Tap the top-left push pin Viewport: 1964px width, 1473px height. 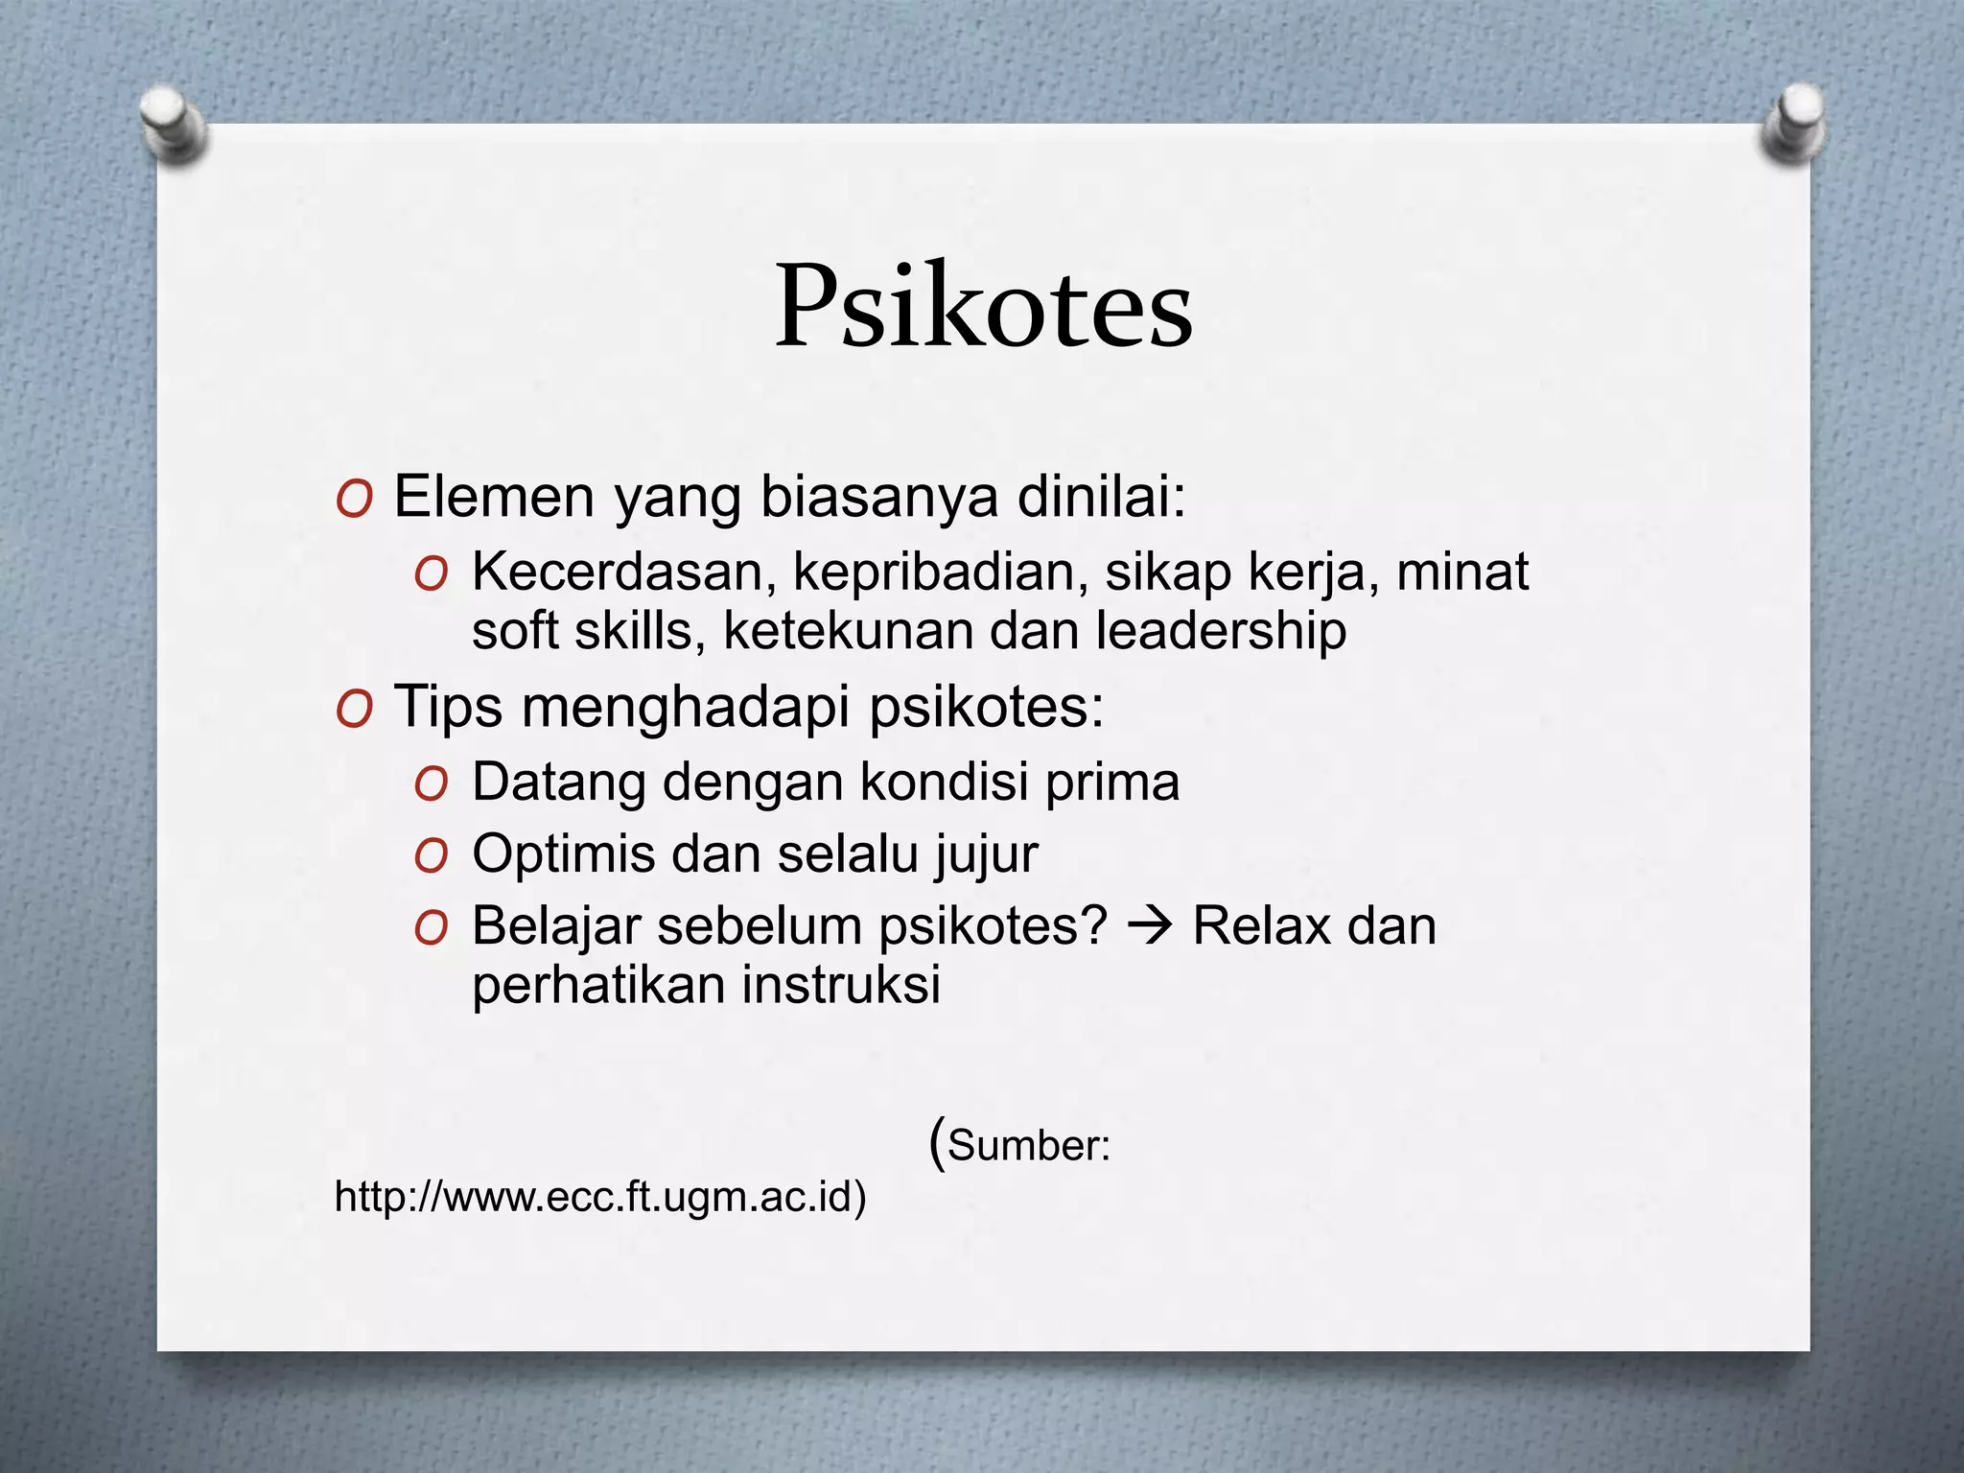tap(173, 125)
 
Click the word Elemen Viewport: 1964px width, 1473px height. tap(494, 498)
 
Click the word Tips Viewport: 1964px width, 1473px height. tap(448, 707)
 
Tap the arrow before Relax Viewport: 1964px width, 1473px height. tap(1150, 926)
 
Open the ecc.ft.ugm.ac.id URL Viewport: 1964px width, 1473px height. tap(599, 1197)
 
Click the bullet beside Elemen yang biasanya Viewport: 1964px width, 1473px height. tap(354, 501)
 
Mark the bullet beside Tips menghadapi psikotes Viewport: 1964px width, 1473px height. tap(354, 711)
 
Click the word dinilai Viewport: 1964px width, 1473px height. tap(1101, 498)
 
